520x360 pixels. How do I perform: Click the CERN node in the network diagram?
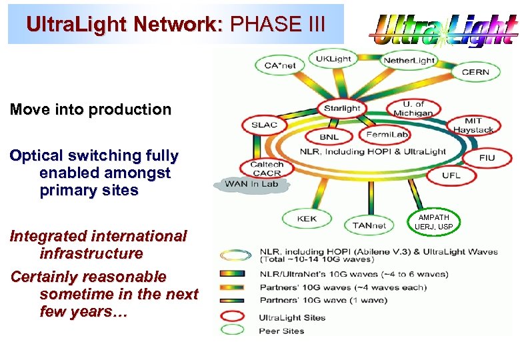[x=475, y=72]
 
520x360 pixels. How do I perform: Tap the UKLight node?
[x=333, y=59]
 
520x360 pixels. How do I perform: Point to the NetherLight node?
[x=408, y=61]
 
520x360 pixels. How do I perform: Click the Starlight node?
[x=341, y=109]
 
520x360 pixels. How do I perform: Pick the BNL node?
[x=329, y=137]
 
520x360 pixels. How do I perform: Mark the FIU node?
[x=487, y=159]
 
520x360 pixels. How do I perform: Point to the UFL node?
[x=451, y=175]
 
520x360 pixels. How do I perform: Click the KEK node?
[x=307, y=219]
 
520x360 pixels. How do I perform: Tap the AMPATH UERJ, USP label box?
[x=434, y=222]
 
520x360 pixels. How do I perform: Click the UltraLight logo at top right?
[x=443, y=30]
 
